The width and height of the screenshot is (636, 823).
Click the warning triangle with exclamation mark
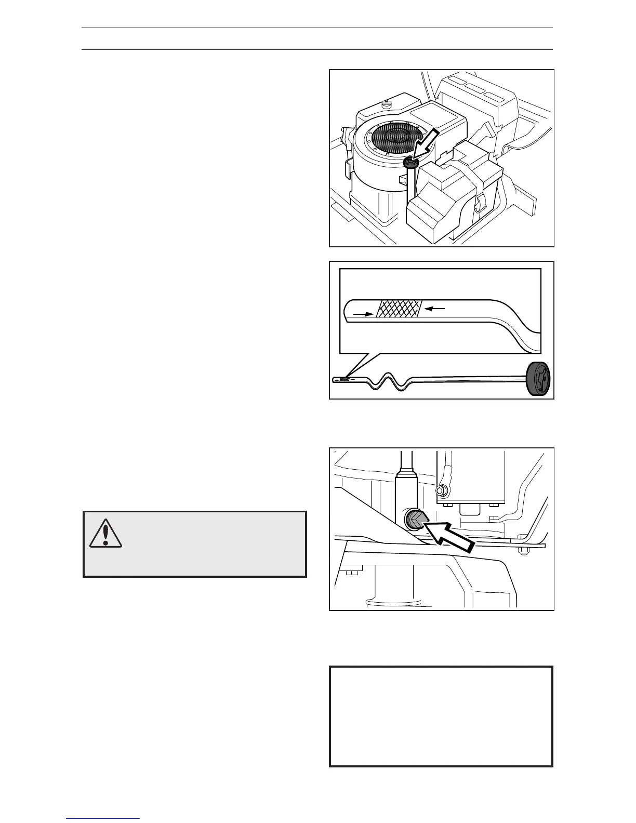pyautogui.click(x=105, y=533)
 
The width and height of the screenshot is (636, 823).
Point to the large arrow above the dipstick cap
pyautogui.click(x=427, y=148)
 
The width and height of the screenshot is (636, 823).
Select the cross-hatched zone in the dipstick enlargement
pyautogui.click(x=400, y=309)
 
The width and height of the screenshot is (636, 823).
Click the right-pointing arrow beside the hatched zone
pyautogui.click(x=363, y=314)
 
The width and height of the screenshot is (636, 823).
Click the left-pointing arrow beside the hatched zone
pyautogui.click(x=435, y=309)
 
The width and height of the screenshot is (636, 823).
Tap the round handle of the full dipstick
pyautogui.click(x=538, y=379)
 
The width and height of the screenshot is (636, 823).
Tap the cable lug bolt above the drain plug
pyautogui.click(x=442, y=489)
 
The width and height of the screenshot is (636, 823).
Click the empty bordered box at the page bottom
pyautogui.click(x=441, y=717)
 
